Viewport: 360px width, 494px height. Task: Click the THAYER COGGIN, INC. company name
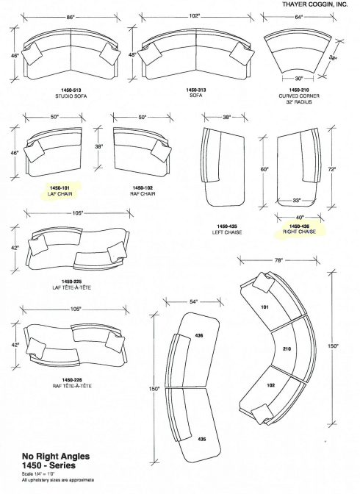[x=315, y=4]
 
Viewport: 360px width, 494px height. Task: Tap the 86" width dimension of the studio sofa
[x=71, y=18]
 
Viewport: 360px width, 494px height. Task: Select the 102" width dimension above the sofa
[x=195, y=15]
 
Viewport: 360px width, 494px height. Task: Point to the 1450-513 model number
[x=71, y=90]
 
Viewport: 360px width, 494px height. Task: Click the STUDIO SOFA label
[x=71, y=96]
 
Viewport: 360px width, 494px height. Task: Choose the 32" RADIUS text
[x=299, y=102]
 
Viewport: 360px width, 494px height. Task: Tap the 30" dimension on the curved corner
[x=298, y=78]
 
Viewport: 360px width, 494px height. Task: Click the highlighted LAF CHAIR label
[x=60, y=194]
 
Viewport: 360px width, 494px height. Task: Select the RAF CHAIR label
[x=143, y=193]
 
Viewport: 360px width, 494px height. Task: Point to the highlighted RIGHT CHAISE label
[x=299, y=232]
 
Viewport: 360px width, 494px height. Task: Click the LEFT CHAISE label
[x=227, y=232]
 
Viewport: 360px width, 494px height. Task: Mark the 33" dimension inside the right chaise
[x=297, y=200]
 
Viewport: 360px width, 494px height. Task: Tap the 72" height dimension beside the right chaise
[x=331, y=169]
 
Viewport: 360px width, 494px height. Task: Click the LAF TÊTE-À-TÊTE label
[x=72, y=287]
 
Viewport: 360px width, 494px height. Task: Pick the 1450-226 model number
[x=72, y=380]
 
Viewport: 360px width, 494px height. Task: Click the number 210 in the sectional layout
[x=287, y=348]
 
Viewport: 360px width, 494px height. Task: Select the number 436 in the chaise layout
[x=199, y=336]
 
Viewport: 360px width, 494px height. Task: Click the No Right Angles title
[x=56, y=457]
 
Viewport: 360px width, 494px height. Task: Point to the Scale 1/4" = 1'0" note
[x=38, y=473]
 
